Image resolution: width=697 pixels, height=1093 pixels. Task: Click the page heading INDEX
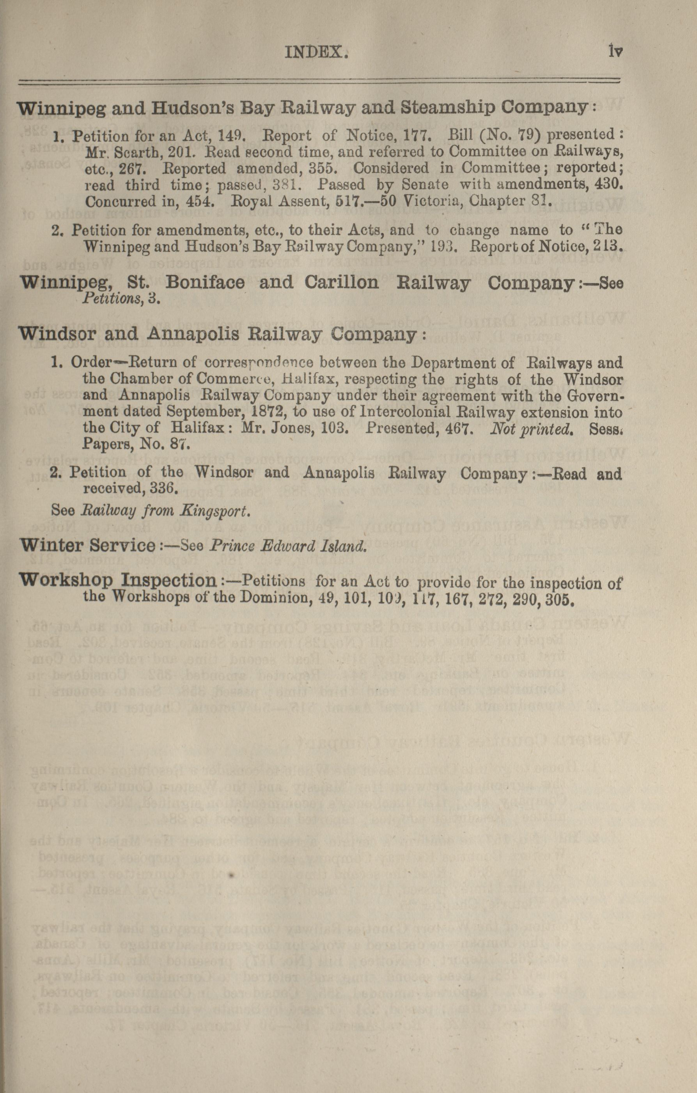pos(316,53)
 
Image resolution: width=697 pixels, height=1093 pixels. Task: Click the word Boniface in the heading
pos(205,283)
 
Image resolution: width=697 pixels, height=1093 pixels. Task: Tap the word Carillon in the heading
pos(341,283)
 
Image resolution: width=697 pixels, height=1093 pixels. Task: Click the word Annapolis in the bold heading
pos(193,334)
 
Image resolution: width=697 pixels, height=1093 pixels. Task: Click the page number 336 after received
pos(160,489)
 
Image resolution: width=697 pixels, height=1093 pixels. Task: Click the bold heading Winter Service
pos(88,545)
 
